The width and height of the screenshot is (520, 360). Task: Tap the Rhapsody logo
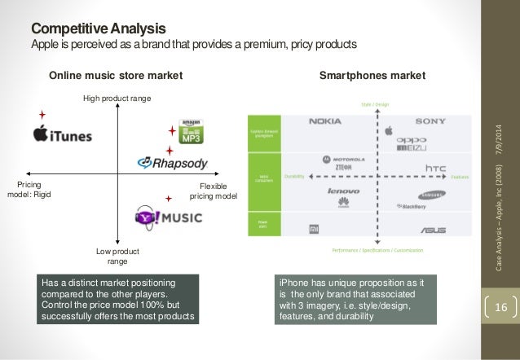click(x=172, y=164)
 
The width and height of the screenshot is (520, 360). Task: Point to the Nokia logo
click(x=324, y=122)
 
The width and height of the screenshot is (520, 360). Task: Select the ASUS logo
click(x=433, y=230)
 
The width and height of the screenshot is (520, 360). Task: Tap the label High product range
click(x=117, y=99)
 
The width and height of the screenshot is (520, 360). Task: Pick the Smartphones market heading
click(x=372, y=76)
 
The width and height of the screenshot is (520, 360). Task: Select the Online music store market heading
click(x=116, y=76)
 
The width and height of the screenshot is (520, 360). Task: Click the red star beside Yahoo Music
click(x=170, y=199)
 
